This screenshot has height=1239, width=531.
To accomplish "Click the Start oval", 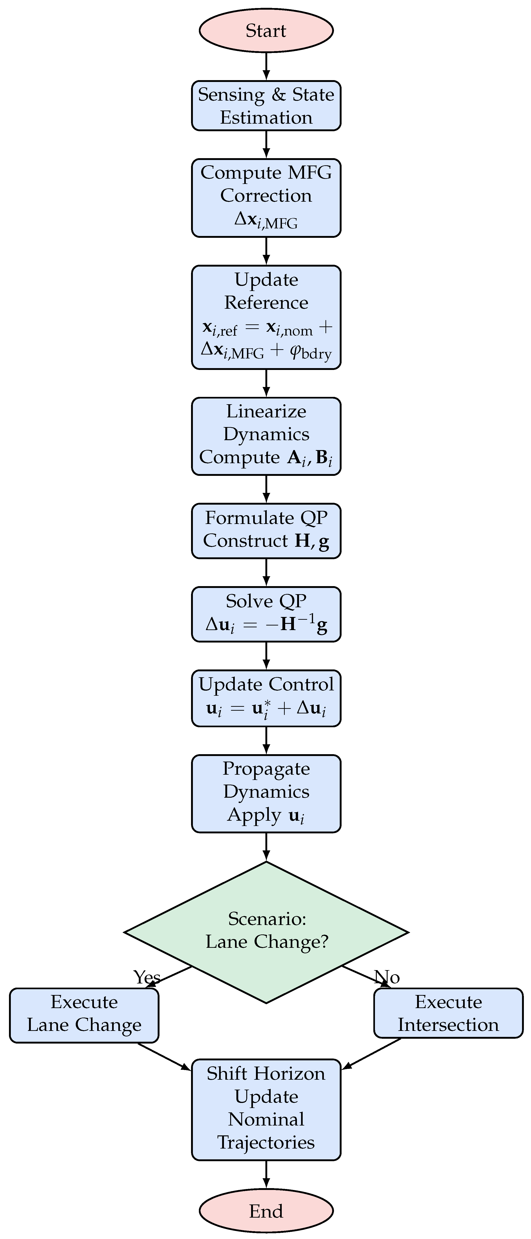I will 266,30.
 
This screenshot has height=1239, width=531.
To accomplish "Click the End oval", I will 266,1211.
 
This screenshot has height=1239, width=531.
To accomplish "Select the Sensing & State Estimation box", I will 266,106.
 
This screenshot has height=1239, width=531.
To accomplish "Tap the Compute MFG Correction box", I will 266,198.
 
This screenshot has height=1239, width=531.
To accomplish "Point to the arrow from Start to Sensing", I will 266,66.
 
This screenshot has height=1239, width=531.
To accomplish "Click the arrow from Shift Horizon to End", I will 266,1175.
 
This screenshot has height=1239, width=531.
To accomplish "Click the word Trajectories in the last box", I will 266,1142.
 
